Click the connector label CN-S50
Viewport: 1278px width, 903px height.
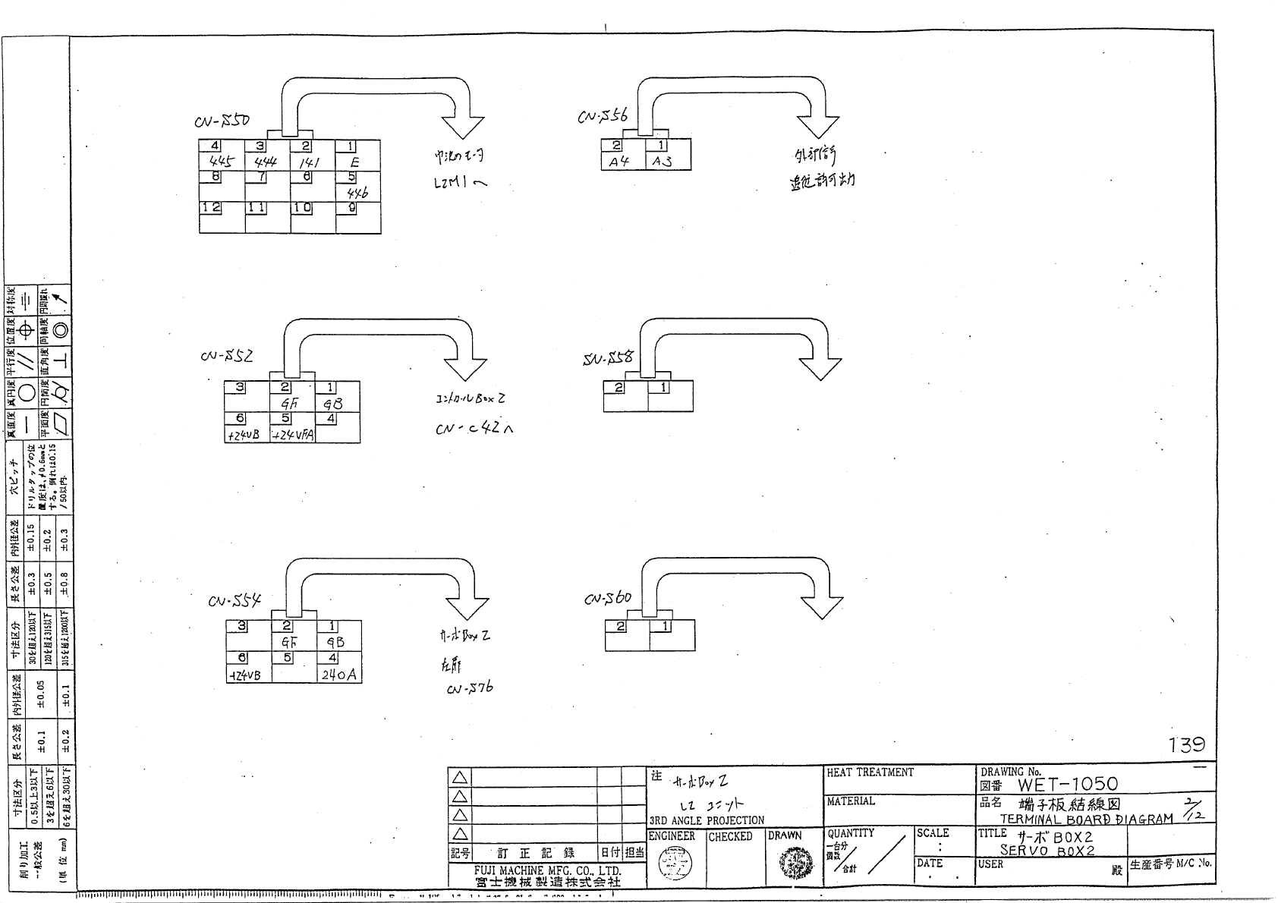[222, 122]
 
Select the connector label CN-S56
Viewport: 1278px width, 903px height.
[603, 116]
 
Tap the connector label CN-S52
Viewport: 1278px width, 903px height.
[227, 356]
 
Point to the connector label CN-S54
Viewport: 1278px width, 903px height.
[235, 601]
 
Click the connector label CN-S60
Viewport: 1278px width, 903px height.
[608, 599]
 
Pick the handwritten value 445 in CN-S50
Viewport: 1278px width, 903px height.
[222, 162]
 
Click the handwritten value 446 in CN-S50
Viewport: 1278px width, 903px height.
[357, 193]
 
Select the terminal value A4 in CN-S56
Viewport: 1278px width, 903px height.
[619, 162]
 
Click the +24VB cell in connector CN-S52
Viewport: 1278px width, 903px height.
[244, 436]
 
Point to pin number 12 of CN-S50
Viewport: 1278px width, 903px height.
[211, 208]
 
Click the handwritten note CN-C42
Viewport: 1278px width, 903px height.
[474, 429]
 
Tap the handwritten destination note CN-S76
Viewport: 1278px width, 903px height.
[470, 688]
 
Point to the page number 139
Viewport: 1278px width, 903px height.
[1187, 744]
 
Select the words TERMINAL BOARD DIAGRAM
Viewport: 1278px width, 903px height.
[1086, 820]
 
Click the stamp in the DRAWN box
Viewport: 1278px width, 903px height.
[794, 862]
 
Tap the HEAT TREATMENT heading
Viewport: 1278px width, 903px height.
[870, 772]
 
